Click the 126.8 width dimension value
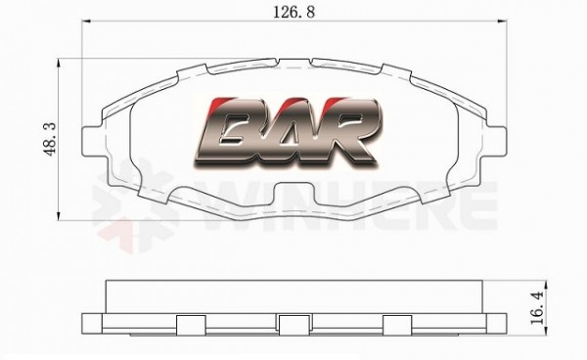(x=293, y=13)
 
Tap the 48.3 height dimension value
(x=50, y=139)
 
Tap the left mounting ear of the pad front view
(x=93, y=141)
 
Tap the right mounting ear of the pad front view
(x=495, y=141)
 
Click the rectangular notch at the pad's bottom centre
(x=293, y=194)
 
